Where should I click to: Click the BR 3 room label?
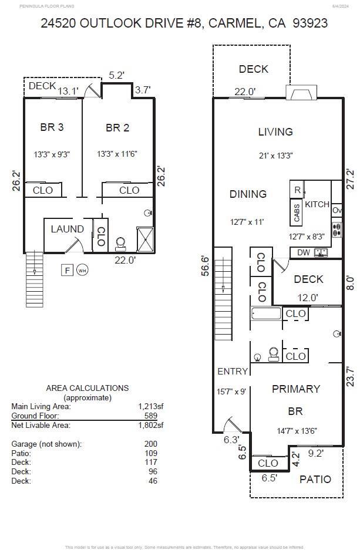(52, 127)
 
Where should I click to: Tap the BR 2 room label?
(117, 127)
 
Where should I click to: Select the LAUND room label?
(67, 229)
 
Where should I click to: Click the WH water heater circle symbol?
(82, 270)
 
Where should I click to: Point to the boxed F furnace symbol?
(68, 270)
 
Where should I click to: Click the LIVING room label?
(275, 132)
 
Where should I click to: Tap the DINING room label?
(248, 194)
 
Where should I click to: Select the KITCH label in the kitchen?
(317, 204)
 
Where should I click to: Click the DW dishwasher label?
(304, 253)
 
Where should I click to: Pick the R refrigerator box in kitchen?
(297, 190)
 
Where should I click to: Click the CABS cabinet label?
(297, 214)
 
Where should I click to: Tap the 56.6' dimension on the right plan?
(204, 267)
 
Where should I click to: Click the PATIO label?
(315, 479)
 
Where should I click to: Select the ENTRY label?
(233, 371)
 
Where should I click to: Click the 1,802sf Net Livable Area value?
(150, 425)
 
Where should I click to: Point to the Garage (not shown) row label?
(46, 444)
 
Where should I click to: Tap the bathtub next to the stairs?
(266, 313)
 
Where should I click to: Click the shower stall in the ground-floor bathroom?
(145, 239)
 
